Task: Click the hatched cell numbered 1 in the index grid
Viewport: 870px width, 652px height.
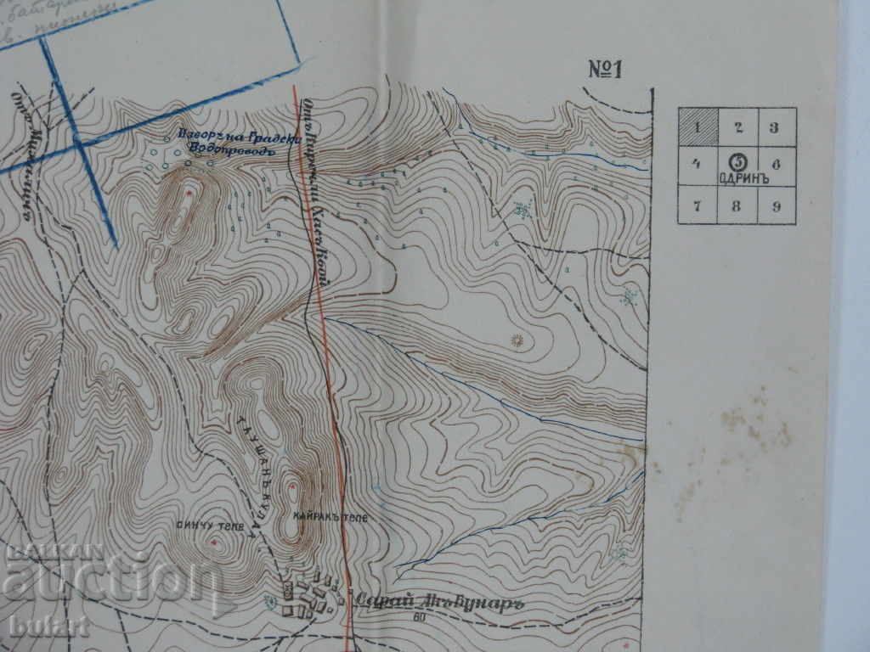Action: pyautogui.click(x=697, y=127)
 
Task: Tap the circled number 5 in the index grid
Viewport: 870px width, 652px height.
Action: pyautogui.click(x=737, y=160)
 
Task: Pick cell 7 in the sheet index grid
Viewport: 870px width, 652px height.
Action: pyautogui.click(x=697, y=205)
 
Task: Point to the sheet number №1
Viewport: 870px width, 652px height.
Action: pyautogui.click(x=606, y=70)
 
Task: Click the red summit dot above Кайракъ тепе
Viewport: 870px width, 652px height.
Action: pyautogui.click(x=293, y=486)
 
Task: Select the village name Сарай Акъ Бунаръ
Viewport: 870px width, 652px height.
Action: pyautogui.click(x=437, y=598)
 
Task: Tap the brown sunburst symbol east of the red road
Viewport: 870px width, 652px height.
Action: pyautogui.click(x=516, y=341)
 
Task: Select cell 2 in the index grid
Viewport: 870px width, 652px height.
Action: pyautogui.click(x=737, y=127)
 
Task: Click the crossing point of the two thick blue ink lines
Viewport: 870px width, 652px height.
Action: pyautogui.click(x=80, y=144)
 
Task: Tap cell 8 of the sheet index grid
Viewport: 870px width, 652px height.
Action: pyautogui.click(x=737, y=205)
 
